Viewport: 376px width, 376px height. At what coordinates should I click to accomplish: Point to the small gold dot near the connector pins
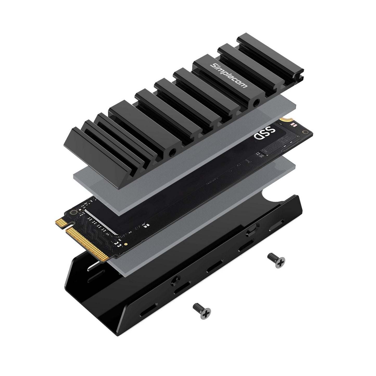click(x=126, y=244)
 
